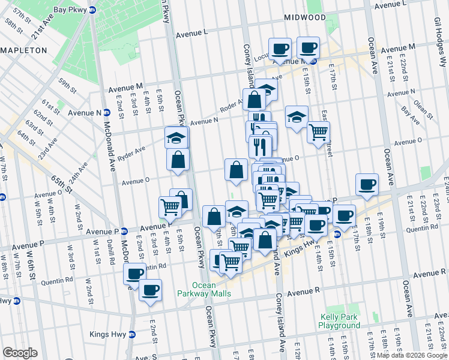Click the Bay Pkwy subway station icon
(x=92, y=10)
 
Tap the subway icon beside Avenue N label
(x=107, y=112)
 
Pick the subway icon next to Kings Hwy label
(x=132, y=334)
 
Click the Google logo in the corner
(x=20, y=353)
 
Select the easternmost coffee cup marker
(x=366, y=185)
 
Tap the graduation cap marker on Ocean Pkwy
(x=176, y=137)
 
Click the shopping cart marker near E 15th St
(x=318, y=131)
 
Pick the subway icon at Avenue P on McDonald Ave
(x=124, y=232)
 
